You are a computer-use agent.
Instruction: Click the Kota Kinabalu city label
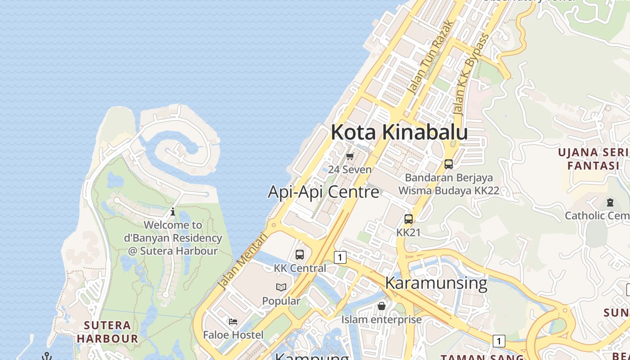(399, 132)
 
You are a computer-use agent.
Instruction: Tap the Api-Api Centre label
(324, 192)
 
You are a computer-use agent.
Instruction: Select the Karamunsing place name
(436, 283)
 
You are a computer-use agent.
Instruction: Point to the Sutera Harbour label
(108, 332)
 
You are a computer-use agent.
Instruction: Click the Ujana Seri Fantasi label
(593, 159)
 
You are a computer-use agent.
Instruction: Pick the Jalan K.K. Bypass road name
(471, 74)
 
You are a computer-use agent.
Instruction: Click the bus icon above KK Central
(300, 254)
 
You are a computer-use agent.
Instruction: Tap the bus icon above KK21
(409, 219)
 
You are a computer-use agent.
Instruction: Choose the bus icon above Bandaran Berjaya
(449, 164)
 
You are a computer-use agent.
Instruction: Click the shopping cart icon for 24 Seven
(350, 156)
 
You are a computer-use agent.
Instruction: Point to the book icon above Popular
(281, 287)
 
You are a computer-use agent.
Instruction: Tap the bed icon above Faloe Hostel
(233, 321)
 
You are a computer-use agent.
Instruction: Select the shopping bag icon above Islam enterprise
(382, 306)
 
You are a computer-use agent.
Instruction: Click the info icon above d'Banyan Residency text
(172, 211)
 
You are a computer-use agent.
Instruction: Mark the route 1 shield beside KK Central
(340, 257)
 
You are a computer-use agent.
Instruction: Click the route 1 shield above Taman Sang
(499, 341)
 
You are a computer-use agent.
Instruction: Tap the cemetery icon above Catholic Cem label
(610, 202)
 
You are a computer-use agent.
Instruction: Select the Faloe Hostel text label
(233, 335)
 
